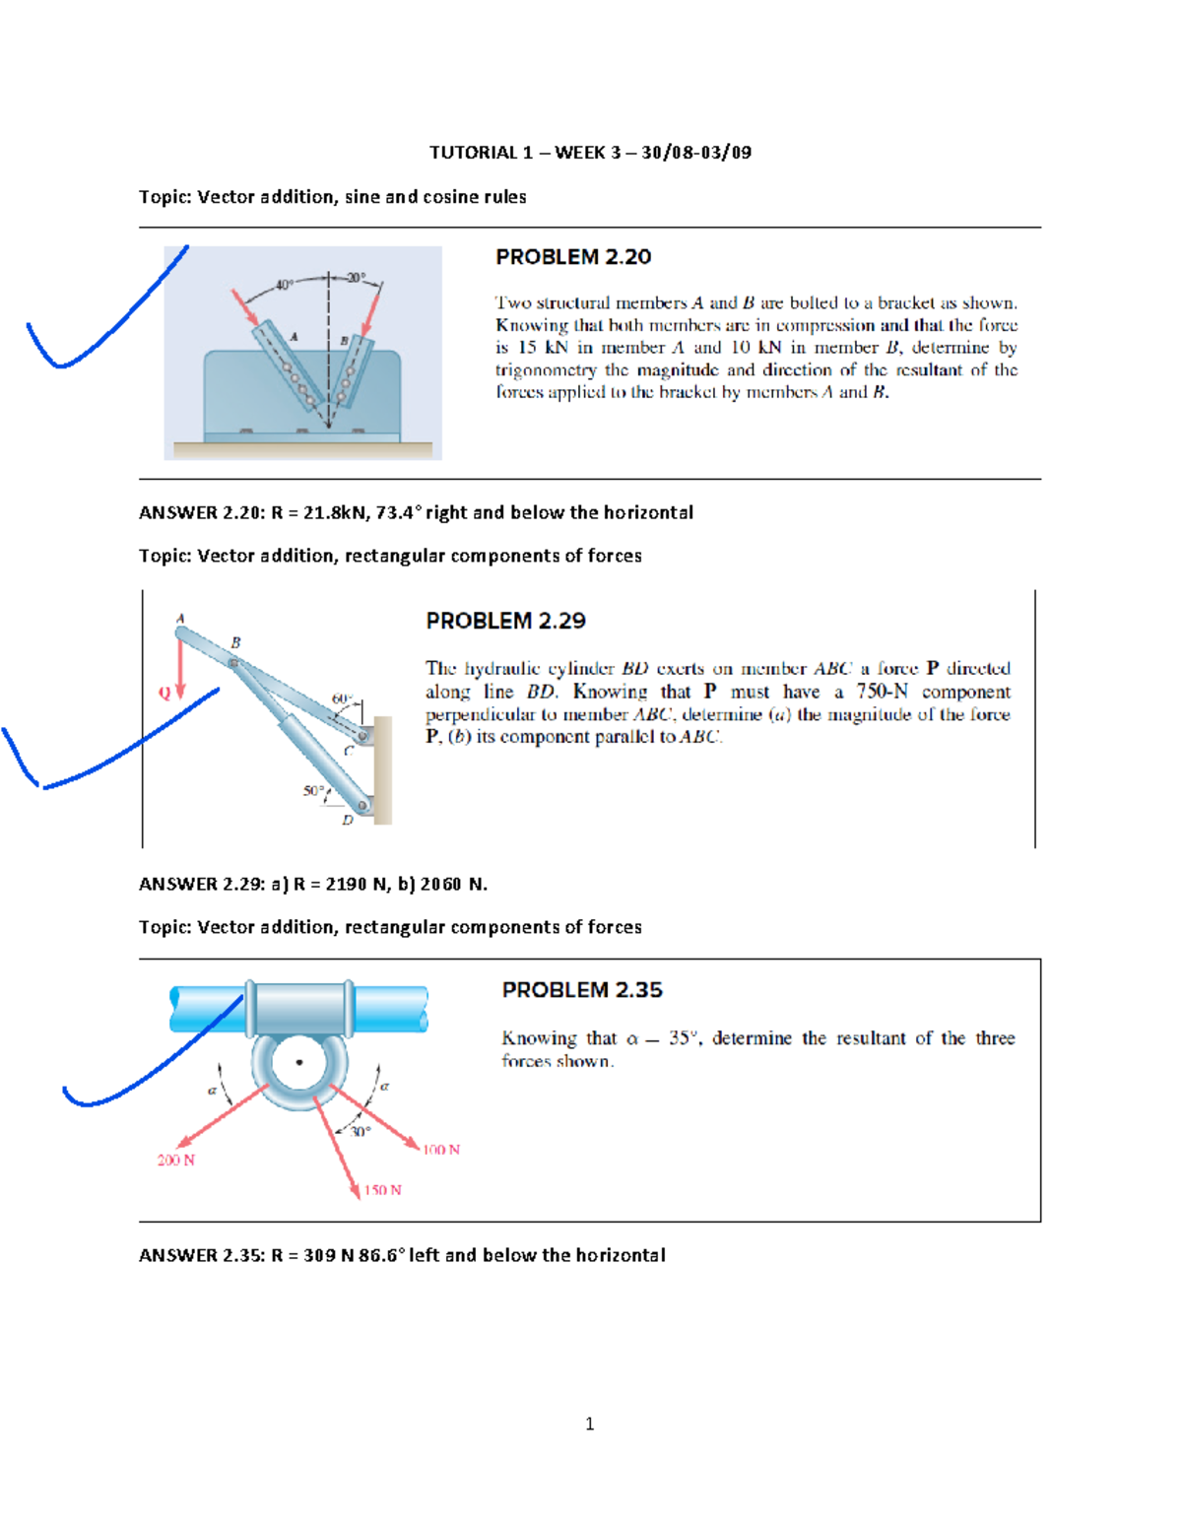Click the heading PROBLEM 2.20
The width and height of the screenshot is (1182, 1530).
point(572,257)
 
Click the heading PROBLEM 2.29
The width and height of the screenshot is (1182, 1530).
point(505,621)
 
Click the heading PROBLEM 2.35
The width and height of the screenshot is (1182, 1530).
point(582,990)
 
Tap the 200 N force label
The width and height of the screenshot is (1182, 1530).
point(176,1161)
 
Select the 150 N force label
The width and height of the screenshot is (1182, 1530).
point(382,1190)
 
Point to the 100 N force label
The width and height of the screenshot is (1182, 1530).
point(441,1150)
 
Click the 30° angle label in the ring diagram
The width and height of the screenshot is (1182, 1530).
point(361,1132)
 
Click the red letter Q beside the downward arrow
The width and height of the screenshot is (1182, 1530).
point(164,693)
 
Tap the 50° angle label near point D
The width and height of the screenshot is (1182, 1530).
point(312,791)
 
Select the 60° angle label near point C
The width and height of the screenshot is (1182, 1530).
point(341,698)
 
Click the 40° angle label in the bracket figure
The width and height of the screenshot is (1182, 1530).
point(284,285)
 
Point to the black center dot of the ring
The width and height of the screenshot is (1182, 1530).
point(299,1062)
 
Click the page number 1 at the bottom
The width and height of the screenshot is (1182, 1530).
point(589,1424)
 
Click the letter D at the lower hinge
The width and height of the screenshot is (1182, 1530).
point(347,820)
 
